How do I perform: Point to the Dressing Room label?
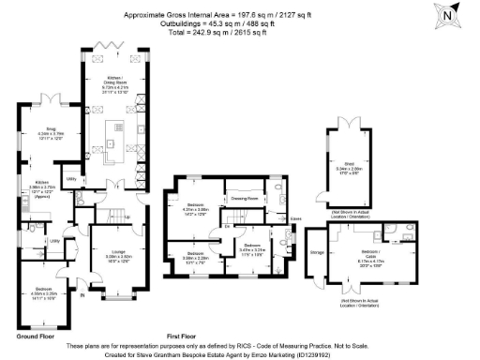tap(246, 199)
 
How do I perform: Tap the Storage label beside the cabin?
tap(317, 252)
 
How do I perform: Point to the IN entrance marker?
tap(82, 297)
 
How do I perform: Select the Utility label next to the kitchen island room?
tap(71, 177)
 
